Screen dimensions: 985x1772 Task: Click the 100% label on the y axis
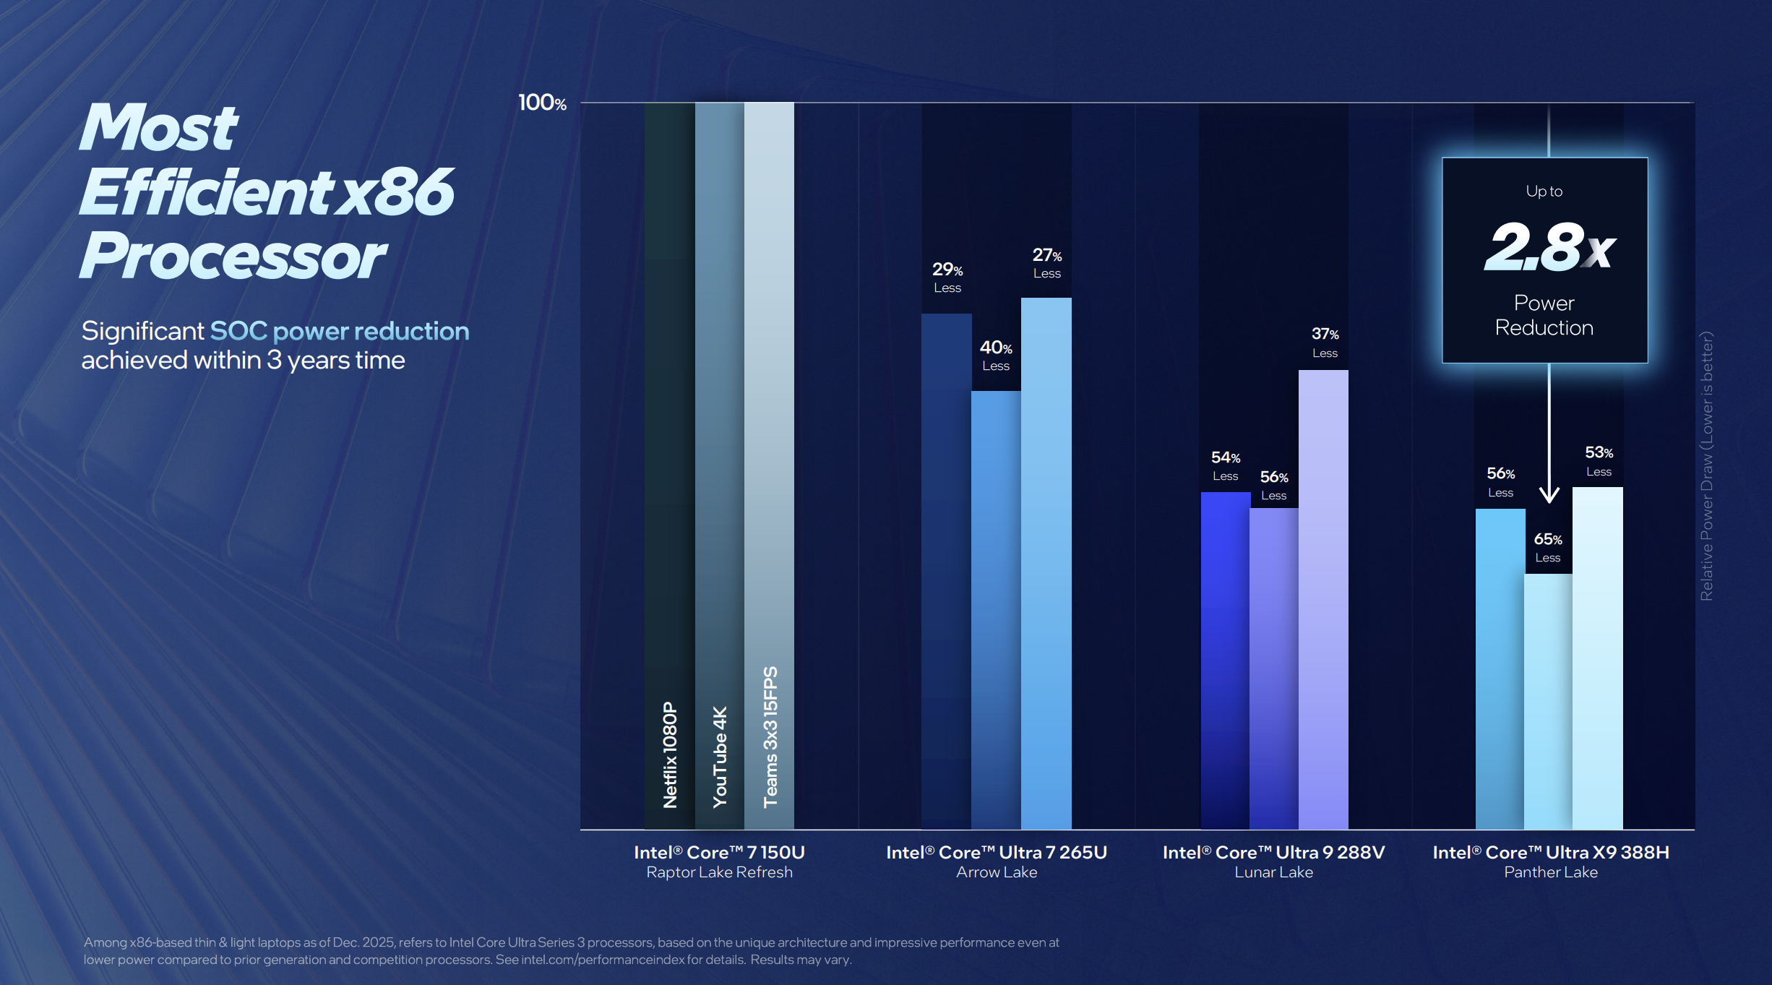542,103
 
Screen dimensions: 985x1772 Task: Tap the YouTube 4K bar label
720,756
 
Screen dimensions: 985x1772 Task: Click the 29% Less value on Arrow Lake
947,278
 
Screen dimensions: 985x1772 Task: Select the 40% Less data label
995,356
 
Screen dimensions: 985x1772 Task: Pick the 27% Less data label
1046,263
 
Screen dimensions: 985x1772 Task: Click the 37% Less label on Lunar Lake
1325,343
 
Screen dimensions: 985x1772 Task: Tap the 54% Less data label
1225,466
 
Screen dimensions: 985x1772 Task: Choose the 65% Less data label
1547,548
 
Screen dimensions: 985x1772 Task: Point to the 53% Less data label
1599,461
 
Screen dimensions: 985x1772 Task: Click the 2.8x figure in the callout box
1548,248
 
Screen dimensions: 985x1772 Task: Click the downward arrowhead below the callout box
1549,495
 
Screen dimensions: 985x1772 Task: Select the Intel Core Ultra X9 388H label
1551,853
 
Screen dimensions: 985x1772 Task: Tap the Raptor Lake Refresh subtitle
719,872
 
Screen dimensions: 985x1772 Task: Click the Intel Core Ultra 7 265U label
997,853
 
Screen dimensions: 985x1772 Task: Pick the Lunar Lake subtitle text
1273,872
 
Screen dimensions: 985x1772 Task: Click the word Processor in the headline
233,256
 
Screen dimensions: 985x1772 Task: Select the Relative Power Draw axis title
1706,465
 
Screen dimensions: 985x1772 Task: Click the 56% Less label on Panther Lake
1500,482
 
